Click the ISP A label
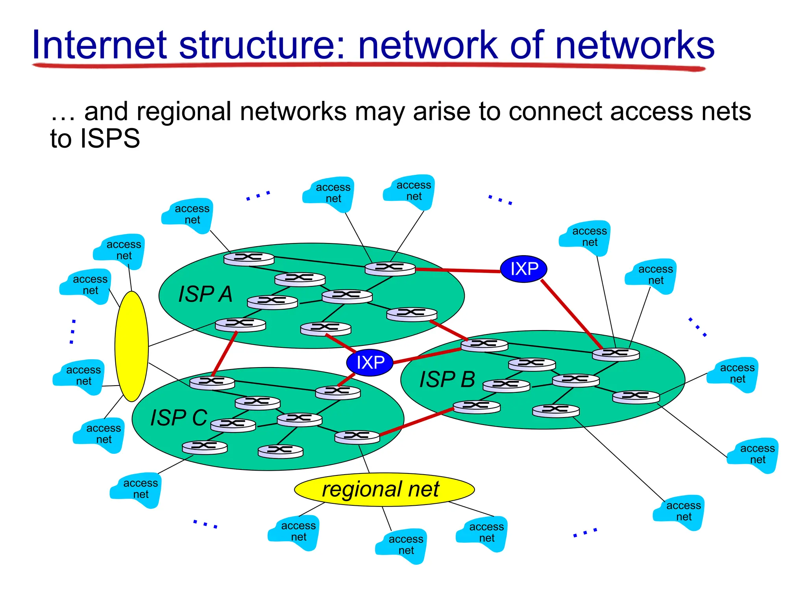pyautogui.click(x=205, y=294)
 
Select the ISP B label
pyautogui.click(x=447, y=380)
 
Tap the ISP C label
pyautogui.click(x=179, y=418)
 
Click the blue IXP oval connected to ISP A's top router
pyautogui.click(x=524, y=269)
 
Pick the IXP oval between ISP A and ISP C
pyautogui.click(x=370, y=362)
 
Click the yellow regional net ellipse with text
pyautogui.click(x=384, y=490)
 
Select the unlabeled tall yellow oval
pyautogui.click(x=131, y=346)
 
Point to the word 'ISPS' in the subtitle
pyautogui.click(x=110, y=139)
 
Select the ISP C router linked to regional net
pyautogui.click(x=357, y=437)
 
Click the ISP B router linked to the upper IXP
pyautogui.click(x=616, y=354)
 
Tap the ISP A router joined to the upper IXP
pyautogui.click(x=390, y=269)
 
